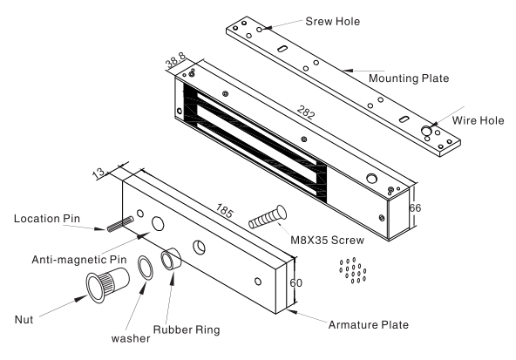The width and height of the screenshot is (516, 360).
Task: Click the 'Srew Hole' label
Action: click(x=333, y=22)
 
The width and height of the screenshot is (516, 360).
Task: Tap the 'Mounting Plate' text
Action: click(x=409, y=78)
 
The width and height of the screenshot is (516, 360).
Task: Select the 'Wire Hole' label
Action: click(x=478, y=120)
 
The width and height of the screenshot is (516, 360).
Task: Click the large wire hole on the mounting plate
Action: click(x=426, y=131)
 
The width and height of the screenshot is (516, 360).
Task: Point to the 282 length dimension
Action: click(x=306, y=112)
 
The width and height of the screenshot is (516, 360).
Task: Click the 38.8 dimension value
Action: click(x=176, y=60)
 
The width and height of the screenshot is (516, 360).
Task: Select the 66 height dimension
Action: click(x=415, y=208)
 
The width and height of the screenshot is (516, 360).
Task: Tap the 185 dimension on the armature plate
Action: click(x=224, y=211)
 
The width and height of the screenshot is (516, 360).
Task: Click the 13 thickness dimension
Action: click(x=98, y=173)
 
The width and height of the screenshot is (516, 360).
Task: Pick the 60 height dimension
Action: click(x=295, y=283)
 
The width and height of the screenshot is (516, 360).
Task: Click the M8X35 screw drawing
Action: click(x=268, y=216)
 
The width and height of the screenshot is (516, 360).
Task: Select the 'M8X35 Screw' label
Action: click(x=327, y=240)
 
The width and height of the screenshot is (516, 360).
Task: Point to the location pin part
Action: click(x=120, y=224)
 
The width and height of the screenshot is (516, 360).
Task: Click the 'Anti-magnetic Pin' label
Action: click(x=79, y=260)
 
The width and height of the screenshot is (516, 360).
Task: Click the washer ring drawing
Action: click(x=146, y=268)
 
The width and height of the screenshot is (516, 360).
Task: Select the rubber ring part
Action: click(x=171, y=259)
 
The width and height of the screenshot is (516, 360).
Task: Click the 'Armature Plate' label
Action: click(x=369, y=325)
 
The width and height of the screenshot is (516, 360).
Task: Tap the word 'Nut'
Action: click(x=24, y=320)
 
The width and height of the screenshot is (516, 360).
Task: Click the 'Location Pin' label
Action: click(x=47, y=219)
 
